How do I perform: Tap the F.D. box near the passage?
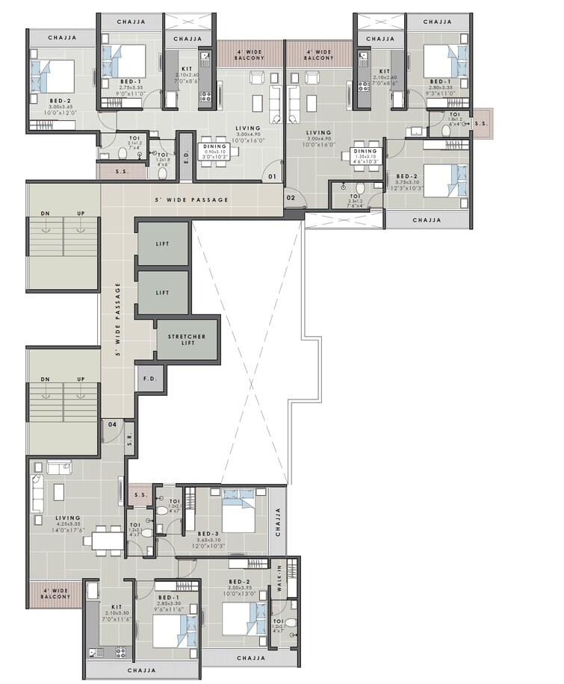point(149,379)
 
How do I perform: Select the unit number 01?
point(273,177)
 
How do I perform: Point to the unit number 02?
point(291,196)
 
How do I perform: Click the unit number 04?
point(112,424)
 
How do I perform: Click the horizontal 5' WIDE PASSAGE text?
point(191,200)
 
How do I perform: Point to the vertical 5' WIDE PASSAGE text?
point(118,322)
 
